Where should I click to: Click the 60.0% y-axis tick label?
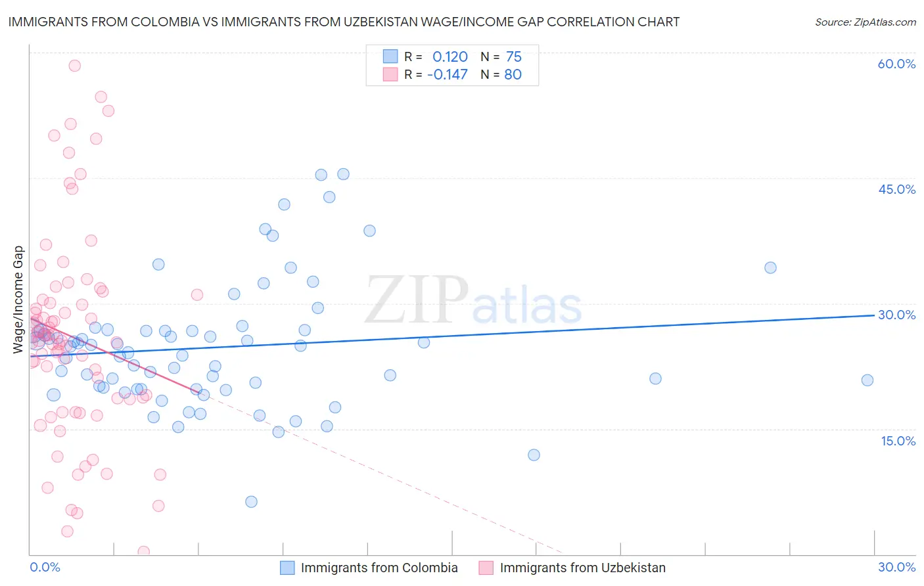pos(896,64)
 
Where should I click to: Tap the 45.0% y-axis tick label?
pos(896,189)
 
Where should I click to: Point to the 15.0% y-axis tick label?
pos(898,441)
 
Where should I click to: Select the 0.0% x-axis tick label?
pos(45,567)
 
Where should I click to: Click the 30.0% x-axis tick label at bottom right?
pos(896,567)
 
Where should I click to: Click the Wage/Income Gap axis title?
pos(18,300)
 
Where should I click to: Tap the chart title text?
pos(344,22)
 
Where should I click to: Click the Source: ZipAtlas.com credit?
pos(865,22)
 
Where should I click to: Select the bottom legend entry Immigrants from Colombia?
pos(379,568)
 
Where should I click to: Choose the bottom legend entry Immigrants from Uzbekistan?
pos(582,568)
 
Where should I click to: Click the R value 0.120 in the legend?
pos(450,56)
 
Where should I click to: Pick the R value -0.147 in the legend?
pos(447,74)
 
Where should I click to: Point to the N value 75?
pos(513,56)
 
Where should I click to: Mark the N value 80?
pos(513,74)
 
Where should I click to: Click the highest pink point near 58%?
pos(75,66)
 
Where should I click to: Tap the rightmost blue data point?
pos(867,380)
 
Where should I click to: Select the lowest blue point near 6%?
pos(251,502)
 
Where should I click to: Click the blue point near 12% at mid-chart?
pos(534,455)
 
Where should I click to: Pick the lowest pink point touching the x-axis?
pos(143,552)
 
